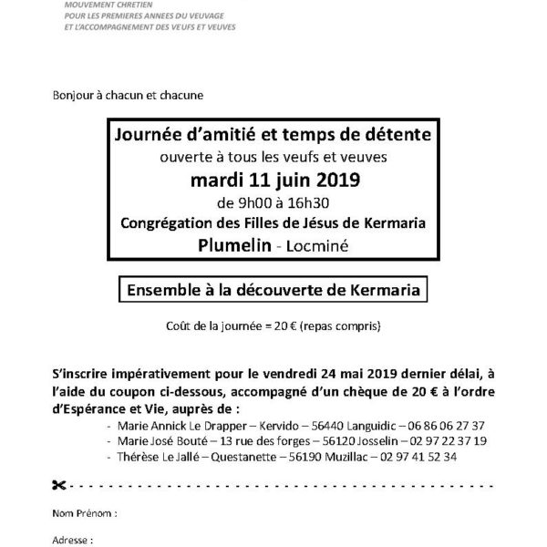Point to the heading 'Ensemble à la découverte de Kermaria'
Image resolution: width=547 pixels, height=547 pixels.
pos(273,291)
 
